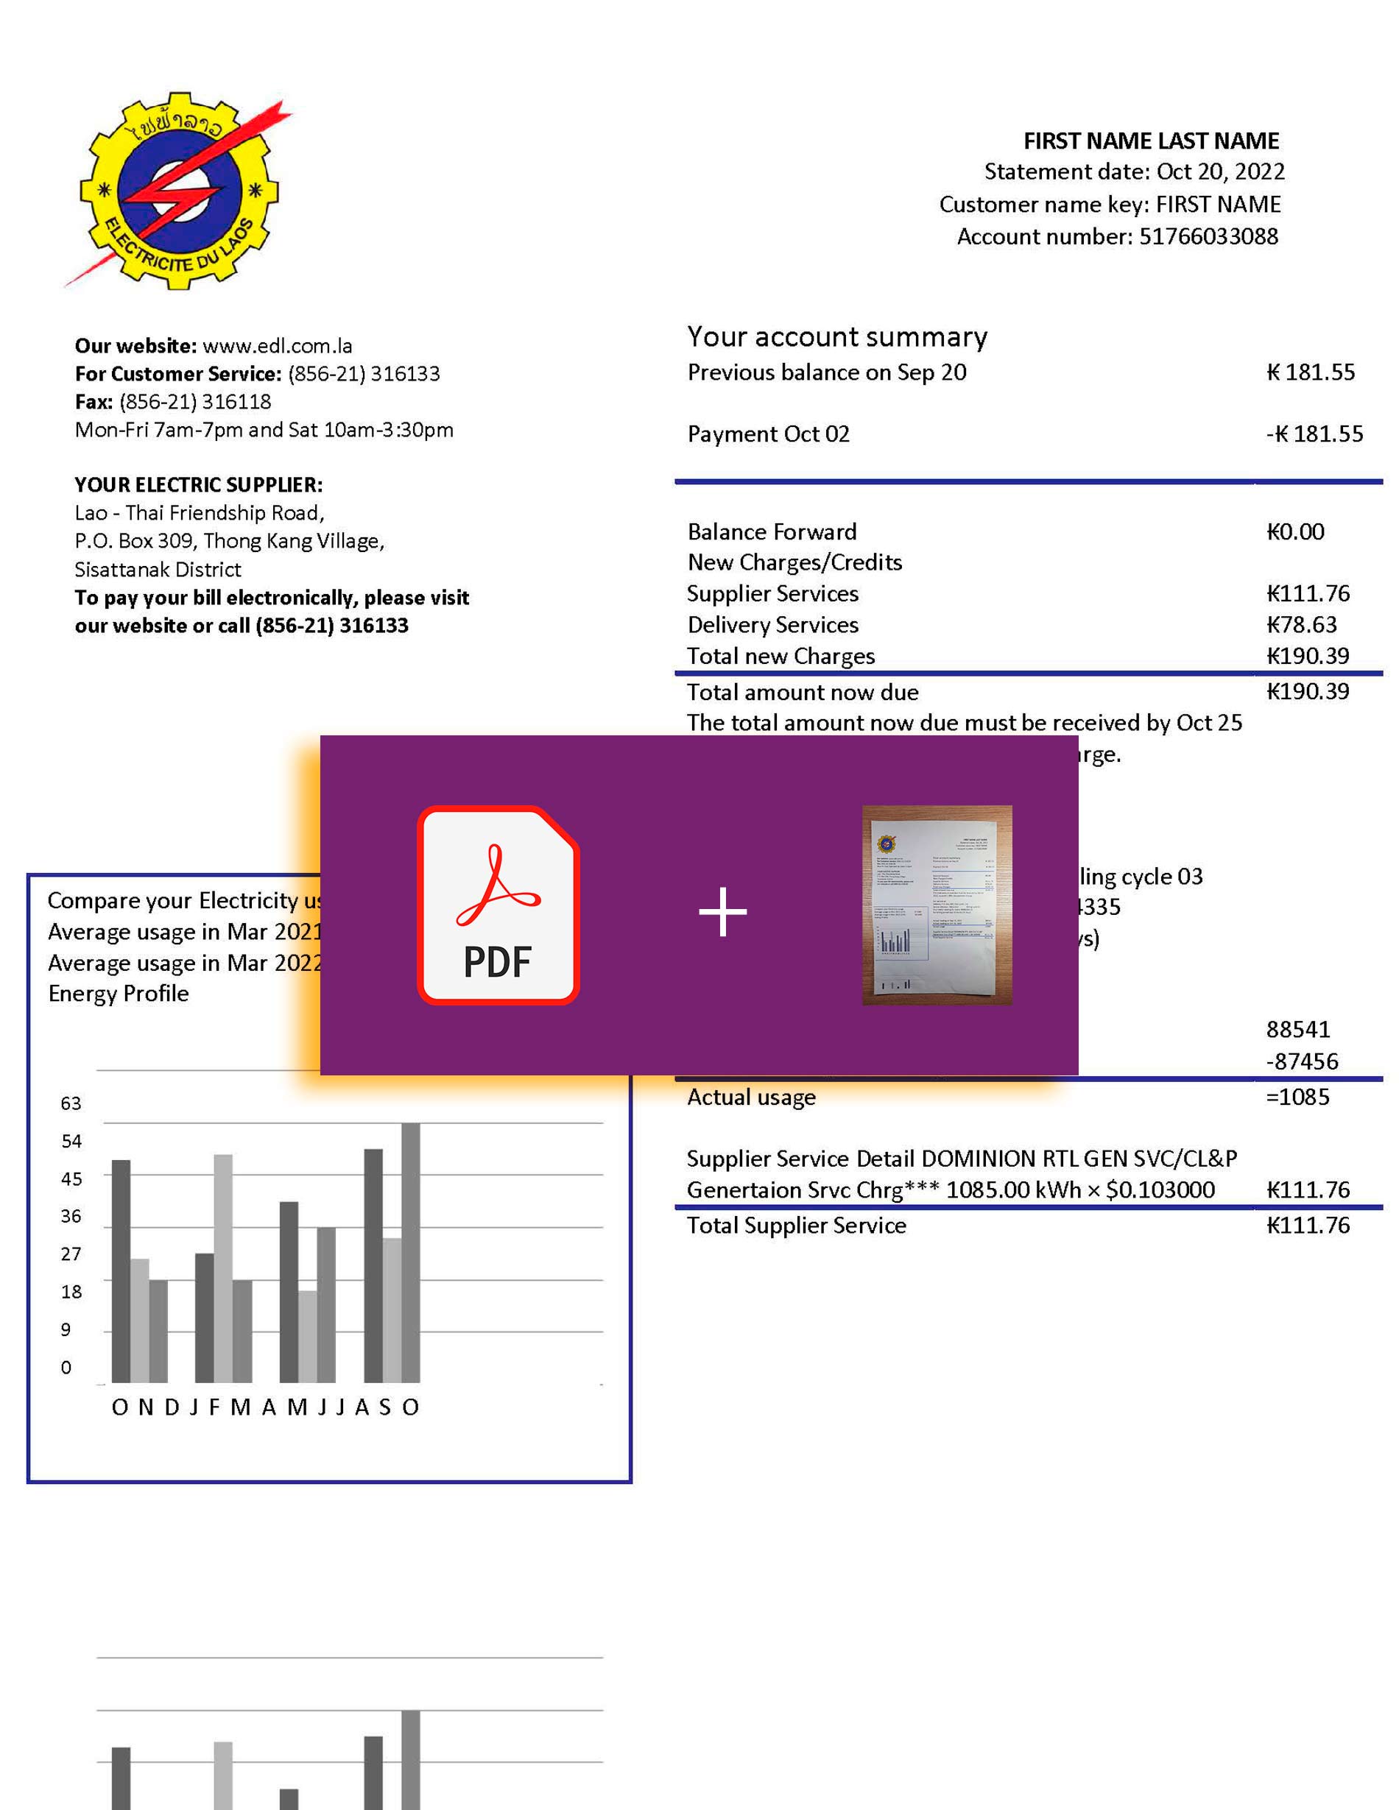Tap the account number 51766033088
tap(1208, 237)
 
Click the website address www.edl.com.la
tap(277, 346)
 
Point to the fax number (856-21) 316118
tap(195, 402)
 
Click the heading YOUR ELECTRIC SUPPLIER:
tap(198, 485)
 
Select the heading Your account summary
tap(836, 336)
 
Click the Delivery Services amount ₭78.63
tap(1301, 625)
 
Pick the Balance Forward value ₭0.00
tap(1294, 532)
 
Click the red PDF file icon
tap(497, 905)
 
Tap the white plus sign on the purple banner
tap(723, 912)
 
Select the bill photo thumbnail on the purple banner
tap(937, 905)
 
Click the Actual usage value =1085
tap(1297, 1097)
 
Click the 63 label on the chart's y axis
tap(71, 1104)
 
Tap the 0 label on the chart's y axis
tap(66, 1368)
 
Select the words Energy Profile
tap(119, 994)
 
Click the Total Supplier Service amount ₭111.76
tap(1308, 1226)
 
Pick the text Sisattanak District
tap(158, 570)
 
